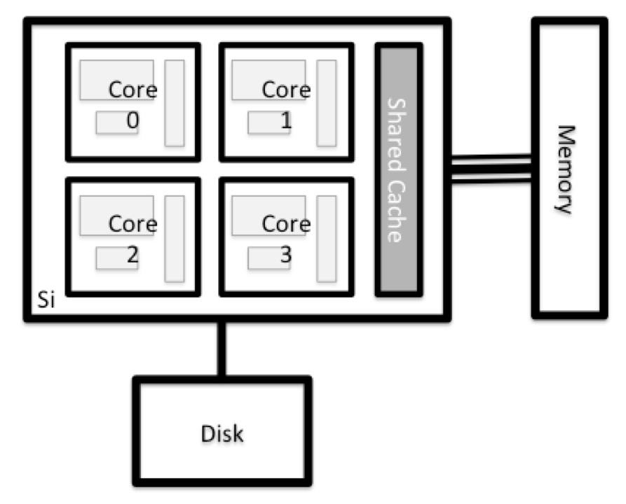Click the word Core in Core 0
click(x=132, y=90)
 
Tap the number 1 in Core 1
click(x=285, y=121)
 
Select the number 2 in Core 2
click(x=132, y=256)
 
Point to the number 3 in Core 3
click(x=285, y=256)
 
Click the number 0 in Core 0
click(x=132, y=121)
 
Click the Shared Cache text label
click(x=397, y=170)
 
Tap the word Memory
click(x=566, y=169)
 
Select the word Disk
click(x=222, y=433)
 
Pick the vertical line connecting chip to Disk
click(x=222, y=349)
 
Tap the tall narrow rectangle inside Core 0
click(x=175, y=103)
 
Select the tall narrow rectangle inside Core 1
click(x=326, y=103)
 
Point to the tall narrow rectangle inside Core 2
click(x=175, y=238)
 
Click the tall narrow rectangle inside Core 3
click(x=326, y=238)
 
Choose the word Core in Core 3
click(x=285, y=225)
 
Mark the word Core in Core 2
click(x=132, y=225)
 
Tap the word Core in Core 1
click(x=285, y=90)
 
